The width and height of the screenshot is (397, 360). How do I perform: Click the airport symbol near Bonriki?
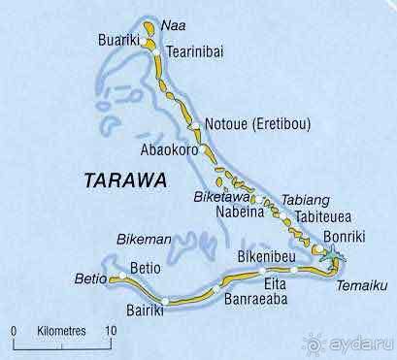333,254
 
